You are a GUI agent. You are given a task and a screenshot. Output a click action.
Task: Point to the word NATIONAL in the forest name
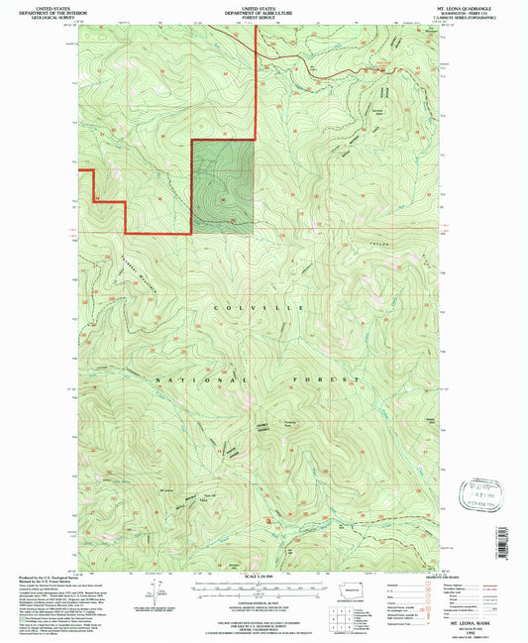[187, 379]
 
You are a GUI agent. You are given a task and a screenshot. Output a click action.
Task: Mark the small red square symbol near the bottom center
[268, 516]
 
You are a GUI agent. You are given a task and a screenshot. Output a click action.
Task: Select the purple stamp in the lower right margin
[485, 492]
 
